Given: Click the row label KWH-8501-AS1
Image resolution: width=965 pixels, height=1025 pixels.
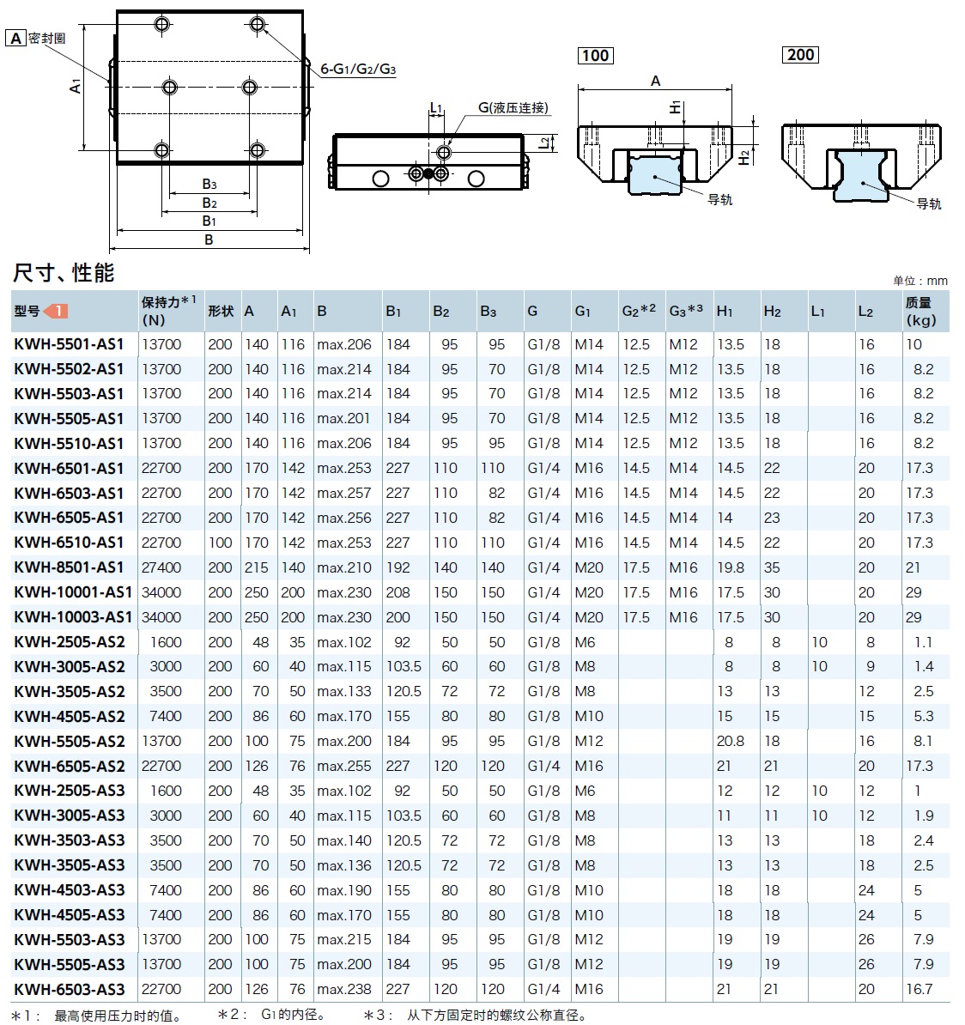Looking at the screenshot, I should (69, 567).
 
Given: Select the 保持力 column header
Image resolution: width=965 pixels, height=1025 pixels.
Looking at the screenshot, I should (169, 311).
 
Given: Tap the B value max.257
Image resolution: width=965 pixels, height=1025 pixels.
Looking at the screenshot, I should (343, 493).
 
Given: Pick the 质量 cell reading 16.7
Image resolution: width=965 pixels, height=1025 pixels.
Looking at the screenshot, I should (919, 989).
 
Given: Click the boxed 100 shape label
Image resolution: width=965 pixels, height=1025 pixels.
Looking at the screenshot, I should (595, 56).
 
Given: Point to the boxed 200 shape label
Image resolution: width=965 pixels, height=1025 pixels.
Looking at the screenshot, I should (800, 55).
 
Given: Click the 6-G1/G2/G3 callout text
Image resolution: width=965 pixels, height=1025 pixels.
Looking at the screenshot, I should (358, 70).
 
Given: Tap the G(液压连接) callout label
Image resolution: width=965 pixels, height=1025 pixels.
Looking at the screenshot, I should (513, 107).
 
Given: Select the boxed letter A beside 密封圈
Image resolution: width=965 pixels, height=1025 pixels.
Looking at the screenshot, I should (15, 39).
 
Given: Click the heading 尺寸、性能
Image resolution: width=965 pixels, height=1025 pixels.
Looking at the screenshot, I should (64, 273).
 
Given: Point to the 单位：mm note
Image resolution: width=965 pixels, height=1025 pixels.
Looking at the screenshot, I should (919, 281).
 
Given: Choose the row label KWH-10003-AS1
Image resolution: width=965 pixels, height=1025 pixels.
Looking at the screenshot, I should (73, 617).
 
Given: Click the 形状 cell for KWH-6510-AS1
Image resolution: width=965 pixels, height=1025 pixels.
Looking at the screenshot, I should (220, 543).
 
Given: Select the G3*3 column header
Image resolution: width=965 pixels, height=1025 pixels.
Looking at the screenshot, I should (686, 310).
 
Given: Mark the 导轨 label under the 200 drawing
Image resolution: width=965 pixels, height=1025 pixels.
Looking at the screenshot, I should (928, 203).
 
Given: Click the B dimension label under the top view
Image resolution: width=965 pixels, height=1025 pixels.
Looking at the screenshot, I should (209, 240).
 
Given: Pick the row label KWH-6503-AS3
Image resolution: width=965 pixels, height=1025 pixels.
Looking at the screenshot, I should (69, 989).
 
